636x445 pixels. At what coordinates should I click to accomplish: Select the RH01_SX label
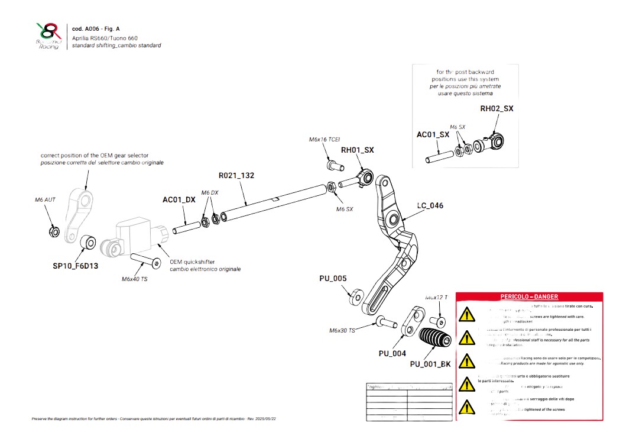pos(357,150)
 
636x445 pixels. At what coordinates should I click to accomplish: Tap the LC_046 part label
pos(430,206)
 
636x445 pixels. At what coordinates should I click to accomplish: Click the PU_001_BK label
pos(430,364)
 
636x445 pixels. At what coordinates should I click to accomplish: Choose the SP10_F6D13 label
pos(75,266)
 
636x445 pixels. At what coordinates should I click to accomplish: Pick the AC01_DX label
pos(179,200)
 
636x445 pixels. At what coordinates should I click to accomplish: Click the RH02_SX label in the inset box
pos(497,109)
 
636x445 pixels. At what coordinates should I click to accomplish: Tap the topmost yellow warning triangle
pos(467,314)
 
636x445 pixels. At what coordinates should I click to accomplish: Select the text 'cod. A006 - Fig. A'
pos(96,28)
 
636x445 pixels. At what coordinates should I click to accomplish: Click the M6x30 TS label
pos(342,330)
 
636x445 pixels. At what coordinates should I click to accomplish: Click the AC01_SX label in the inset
pos(433,135)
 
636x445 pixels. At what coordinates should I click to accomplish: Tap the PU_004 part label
pos(392,353)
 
